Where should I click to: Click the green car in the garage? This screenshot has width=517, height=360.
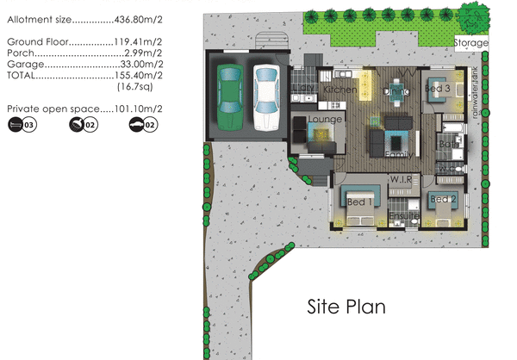coord(230,94)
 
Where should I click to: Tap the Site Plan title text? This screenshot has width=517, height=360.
coord(347,306)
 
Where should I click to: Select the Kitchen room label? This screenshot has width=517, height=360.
coord(339,90)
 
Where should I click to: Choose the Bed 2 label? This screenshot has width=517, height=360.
coord(443,201)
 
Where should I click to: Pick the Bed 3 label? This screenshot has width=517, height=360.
coord(439,89)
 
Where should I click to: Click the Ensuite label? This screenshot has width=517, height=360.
coord(403,215)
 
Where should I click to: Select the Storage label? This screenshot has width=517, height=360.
coord(471,43)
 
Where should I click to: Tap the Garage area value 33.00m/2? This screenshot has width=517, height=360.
coord(144,65)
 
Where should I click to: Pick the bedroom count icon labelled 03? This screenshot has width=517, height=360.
coord(22,126)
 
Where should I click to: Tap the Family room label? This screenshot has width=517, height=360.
coord(398,153)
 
